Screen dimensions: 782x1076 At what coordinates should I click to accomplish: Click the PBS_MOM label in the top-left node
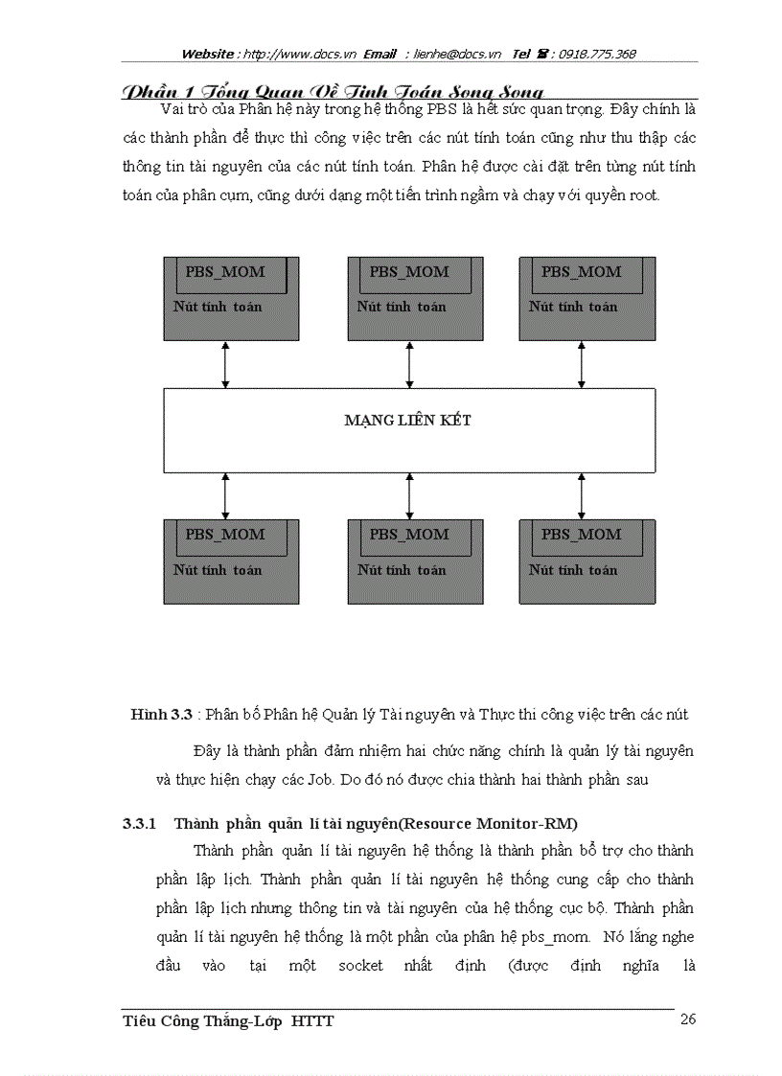225,272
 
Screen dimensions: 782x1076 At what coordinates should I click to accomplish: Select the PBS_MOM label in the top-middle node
409,272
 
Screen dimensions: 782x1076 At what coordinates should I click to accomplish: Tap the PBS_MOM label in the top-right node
582,272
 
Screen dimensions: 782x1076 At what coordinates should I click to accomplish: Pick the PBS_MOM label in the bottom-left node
225,535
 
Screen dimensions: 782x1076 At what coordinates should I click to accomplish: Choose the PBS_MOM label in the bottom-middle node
409,535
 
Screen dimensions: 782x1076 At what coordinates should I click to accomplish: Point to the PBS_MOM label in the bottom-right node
582,535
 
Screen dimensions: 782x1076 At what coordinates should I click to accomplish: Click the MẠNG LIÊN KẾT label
408,421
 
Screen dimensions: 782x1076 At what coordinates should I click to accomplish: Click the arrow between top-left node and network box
225,364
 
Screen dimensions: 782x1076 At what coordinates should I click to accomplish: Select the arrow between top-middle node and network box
409,364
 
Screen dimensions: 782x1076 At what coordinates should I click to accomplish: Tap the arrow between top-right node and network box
582,364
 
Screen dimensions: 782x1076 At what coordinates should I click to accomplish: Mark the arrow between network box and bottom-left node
225,495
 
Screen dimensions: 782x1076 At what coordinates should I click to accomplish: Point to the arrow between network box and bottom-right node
582,495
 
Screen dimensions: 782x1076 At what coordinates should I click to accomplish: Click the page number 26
688,1019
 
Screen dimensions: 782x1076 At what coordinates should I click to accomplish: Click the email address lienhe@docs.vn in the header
457,55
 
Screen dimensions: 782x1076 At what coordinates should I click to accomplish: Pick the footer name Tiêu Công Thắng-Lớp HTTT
228,1021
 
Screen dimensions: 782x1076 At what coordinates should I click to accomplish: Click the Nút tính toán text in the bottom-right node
573,570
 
